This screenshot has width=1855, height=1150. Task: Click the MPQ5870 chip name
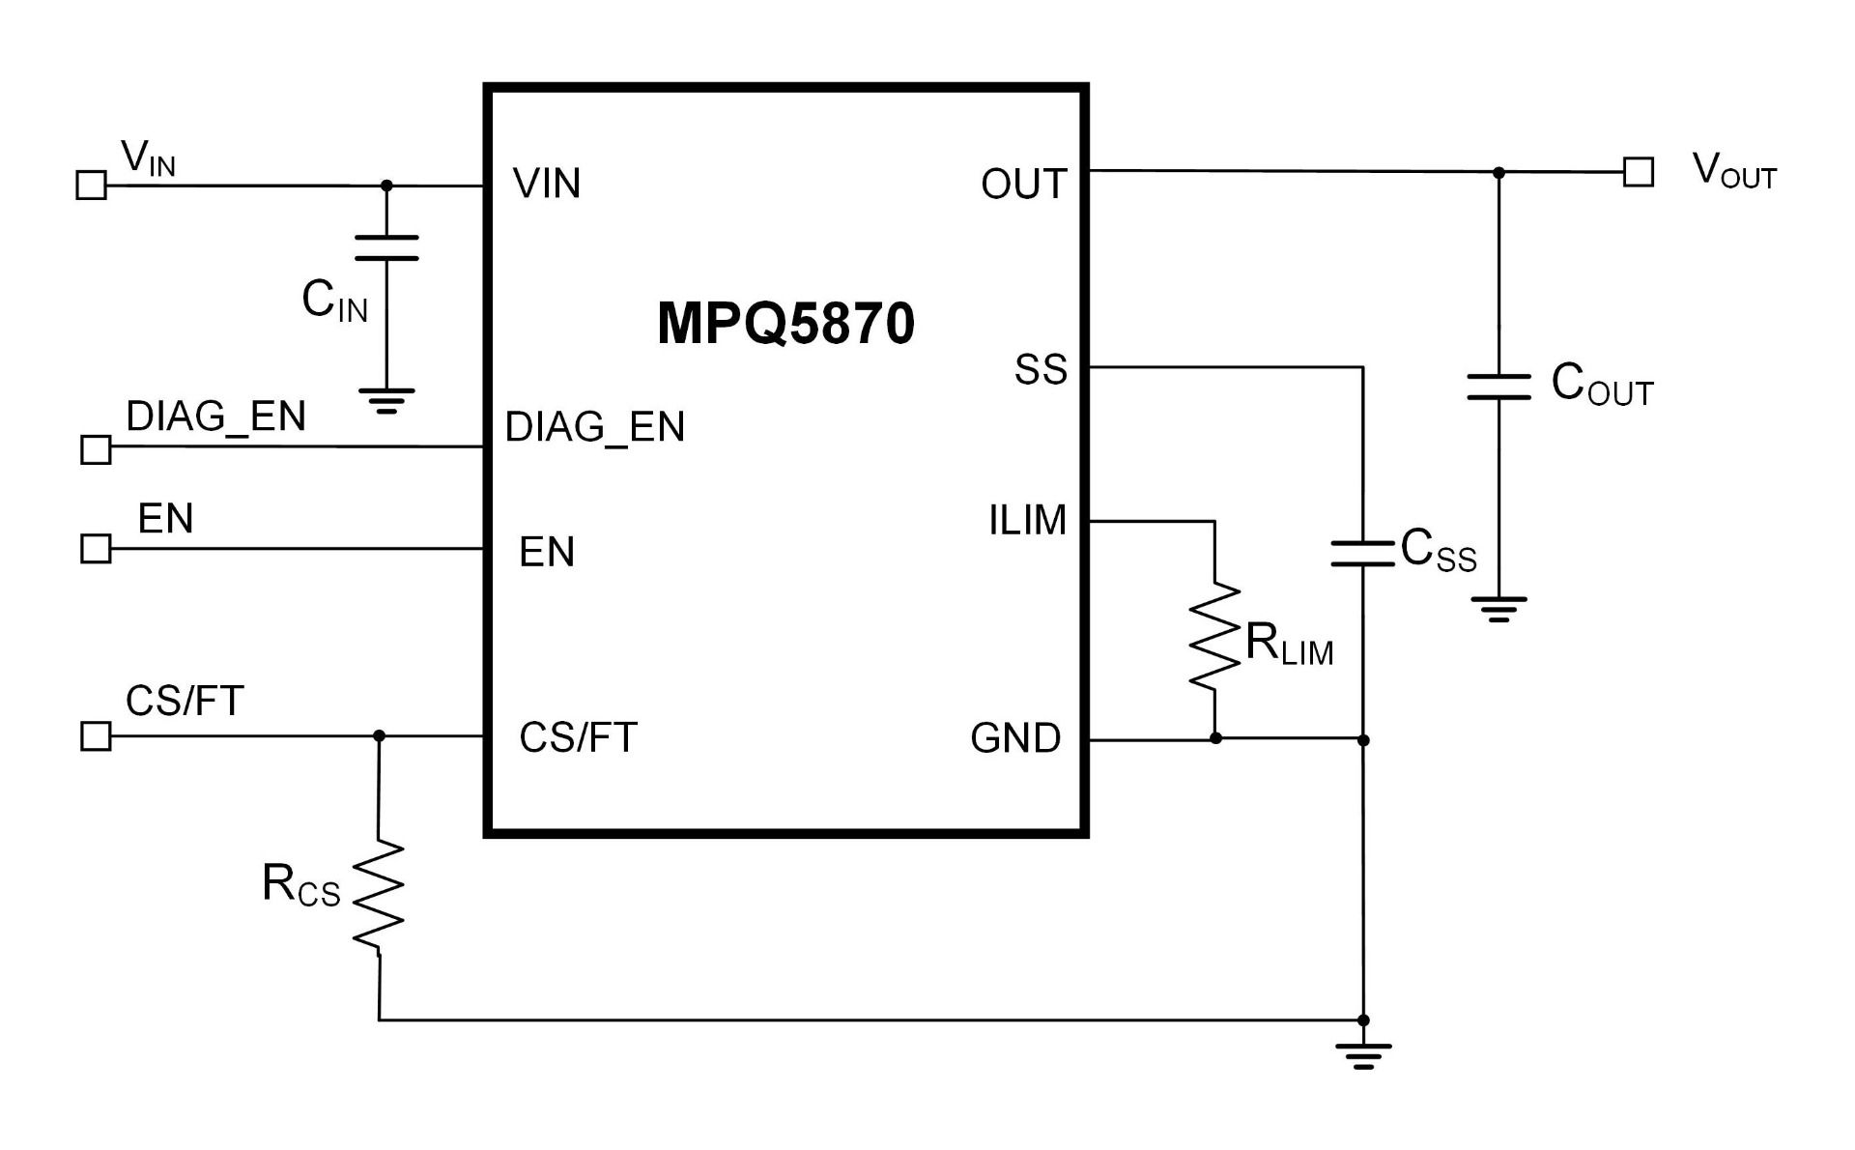[x=785, y=324]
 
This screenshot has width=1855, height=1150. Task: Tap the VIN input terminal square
[x=92, y=185]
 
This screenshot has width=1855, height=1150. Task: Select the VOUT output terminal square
[x=1638, y=172]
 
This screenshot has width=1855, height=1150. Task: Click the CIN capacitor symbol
[x=386, y=247]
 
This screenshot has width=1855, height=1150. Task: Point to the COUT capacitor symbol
[x=1498, y=387]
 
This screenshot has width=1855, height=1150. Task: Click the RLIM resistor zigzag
[x=1214, y=636]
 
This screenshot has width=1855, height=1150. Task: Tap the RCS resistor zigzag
[x=378, y=895]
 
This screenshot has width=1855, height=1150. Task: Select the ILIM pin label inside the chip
[x=1027, y=521]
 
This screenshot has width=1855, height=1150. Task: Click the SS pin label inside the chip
[x=1041, y=369]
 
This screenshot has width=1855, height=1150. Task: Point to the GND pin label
[x=1015, y=738]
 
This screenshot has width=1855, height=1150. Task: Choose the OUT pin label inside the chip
[x=1023, y=184]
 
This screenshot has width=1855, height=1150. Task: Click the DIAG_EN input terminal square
[x=96, y=449]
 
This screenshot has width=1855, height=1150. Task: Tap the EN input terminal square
[x=96, y=549]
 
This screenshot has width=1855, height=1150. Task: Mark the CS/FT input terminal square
[x=96, y=736]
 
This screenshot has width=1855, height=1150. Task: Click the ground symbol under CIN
[x=386, y=400]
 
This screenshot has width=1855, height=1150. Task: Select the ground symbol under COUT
[x=1498, y=609]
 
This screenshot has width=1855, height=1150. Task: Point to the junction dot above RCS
[x=379, y=736]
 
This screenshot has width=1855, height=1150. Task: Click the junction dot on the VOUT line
[x=1498, y=173]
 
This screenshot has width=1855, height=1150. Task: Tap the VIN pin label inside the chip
[x=547, y=184]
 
